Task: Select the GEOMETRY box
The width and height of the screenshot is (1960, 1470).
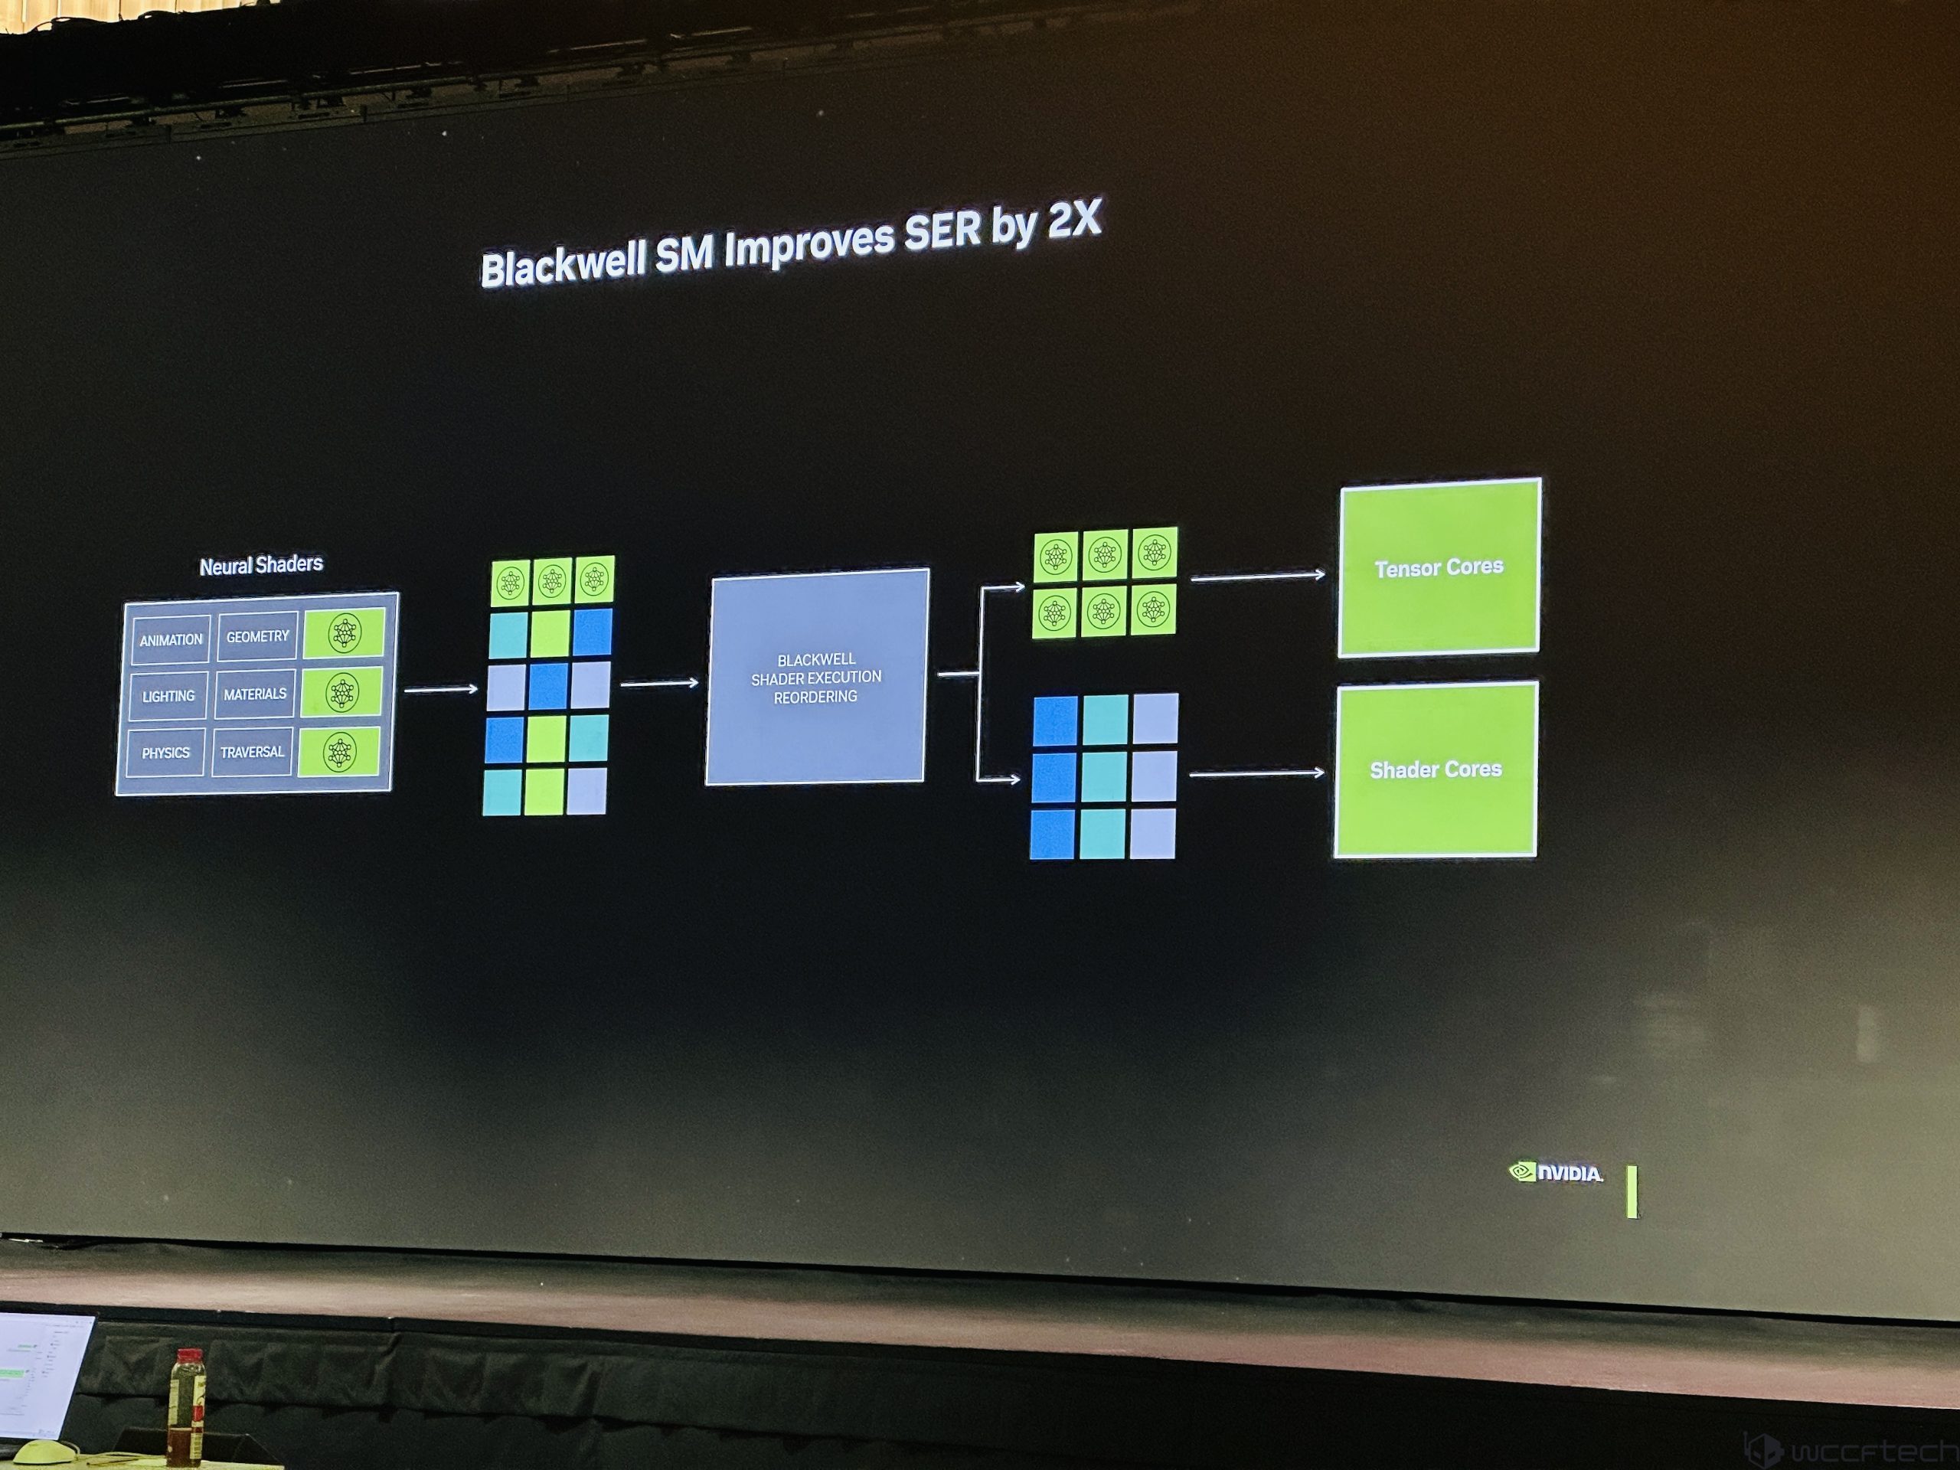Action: coord(257,636)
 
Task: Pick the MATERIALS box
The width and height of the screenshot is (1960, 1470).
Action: coord(255,694)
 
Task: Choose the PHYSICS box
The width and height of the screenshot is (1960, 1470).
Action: coord(165,753)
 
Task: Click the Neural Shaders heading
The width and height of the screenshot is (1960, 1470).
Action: coord(260,565)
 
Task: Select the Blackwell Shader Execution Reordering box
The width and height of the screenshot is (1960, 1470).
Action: coord(816,678)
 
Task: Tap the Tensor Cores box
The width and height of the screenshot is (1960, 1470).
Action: coord(1438,567)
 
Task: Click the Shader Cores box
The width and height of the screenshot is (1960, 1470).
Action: coord(1436,769)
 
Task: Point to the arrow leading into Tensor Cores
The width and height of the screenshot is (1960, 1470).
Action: coord(1258,577)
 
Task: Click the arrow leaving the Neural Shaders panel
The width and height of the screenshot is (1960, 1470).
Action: coord(440,689)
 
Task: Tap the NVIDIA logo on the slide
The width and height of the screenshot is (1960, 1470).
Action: coord(1556,1172)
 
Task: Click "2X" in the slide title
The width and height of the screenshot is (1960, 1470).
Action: coord(1074,220)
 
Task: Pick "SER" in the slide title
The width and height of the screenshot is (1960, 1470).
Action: coord(942,232)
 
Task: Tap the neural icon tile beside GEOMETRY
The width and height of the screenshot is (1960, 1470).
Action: coord(344,632)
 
